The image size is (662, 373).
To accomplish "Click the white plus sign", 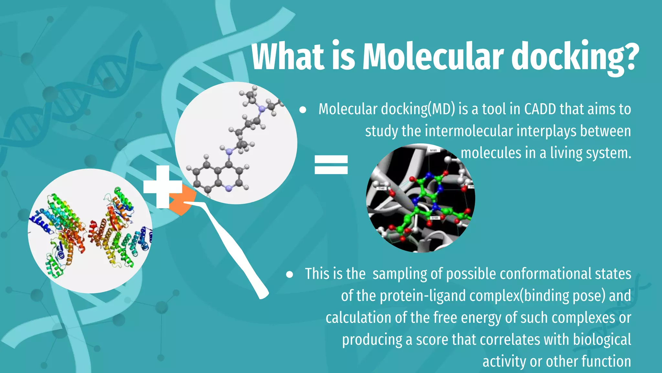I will tap(163, 187).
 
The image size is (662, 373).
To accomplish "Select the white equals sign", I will tap(331, 164).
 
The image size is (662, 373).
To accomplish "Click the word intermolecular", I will tap(469, 131).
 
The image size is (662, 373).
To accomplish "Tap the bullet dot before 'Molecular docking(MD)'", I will tap(303, 110).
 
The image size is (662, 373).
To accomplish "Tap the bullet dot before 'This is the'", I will tap(289, 275).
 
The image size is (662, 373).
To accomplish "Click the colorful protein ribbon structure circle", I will tap(90, 231).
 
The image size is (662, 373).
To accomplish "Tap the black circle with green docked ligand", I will tap(420, 198).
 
